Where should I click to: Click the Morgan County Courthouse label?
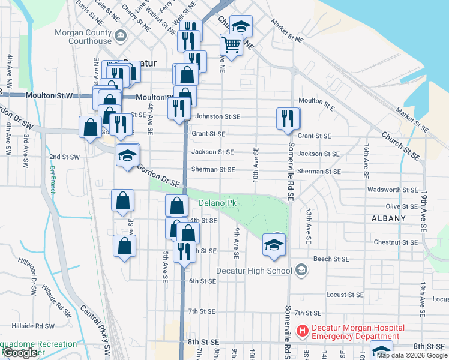pos(83,37)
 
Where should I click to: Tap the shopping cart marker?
pos(231,44)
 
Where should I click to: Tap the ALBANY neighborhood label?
pos(388,218)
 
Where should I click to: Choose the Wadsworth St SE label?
pos(393,190)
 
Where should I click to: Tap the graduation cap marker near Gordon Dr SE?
pos(127,155)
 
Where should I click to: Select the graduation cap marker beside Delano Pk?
pos(274,244)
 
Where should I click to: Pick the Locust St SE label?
pos(345,295)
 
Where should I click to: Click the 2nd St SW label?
pos(64,157)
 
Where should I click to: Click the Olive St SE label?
pos(402,206)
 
